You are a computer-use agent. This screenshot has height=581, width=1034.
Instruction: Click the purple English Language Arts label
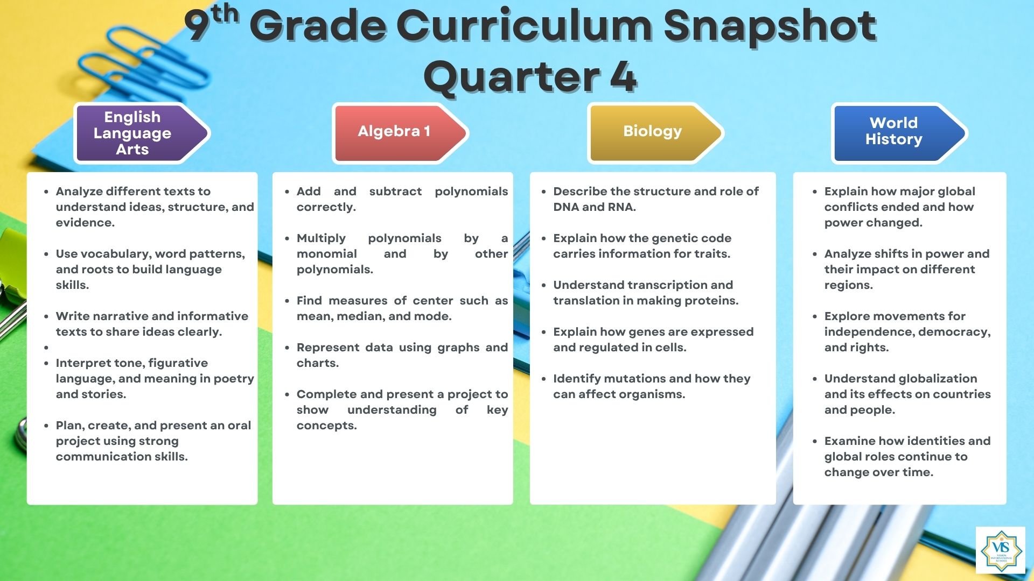141,133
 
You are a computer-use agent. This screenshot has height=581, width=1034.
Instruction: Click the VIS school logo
1001,550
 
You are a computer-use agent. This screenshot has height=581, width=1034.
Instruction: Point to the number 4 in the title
623,76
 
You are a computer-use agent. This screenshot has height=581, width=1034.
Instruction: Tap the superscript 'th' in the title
225,13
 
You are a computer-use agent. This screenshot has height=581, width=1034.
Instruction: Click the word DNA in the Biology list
565,207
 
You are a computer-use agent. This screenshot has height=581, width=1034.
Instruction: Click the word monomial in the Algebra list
326,254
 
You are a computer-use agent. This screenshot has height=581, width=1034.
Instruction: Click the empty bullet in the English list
47,348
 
